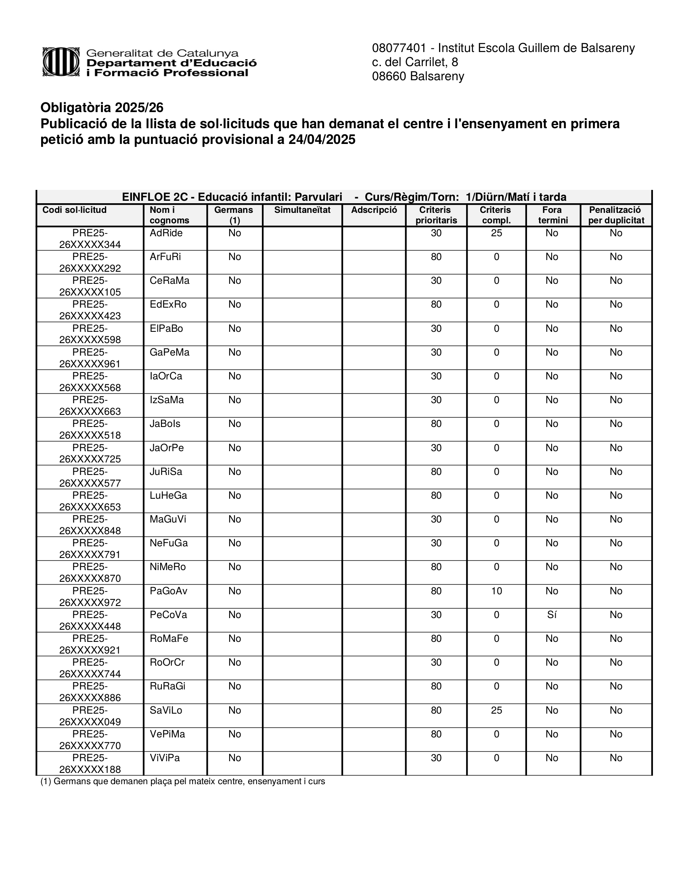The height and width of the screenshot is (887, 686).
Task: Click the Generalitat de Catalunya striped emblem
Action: click(x=61, y=62)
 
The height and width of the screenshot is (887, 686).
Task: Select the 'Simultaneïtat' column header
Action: click(x=302, y=210)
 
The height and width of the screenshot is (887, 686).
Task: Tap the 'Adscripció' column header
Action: click(x=374, y=210)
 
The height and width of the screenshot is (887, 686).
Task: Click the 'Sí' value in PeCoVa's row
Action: click(x=552, y=615)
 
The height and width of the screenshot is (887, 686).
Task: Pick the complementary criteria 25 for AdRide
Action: click(x=496, y=233)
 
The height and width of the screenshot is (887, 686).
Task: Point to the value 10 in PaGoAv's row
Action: click(x=496, y=591)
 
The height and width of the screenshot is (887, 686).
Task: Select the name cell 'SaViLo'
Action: click(x=166, y=710)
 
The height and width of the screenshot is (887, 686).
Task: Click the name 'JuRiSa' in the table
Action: click(x=166, y=472)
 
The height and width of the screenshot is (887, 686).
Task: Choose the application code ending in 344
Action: click(x=90, y=239)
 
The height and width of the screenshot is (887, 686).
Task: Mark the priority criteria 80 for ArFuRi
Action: click(x=436, y=257)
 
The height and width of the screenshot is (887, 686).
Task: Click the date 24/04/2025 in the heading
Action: click(x=322, y=140)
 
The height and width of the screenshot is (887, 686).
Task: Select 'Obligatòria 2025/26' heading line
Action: click(x=102, y=108)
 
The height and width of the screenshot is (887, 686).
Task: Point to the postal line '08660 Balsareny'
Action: click(x=418, y=76)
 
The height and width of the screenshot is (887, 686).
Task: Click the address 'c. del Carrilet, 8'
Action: click(x=415, y=62)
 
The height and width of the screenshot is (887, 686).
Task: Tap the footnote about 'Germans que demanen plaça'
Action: click(x=182, y=781)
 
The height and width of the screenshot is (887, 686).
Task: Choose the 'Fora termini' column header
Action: click(x=552, y=215)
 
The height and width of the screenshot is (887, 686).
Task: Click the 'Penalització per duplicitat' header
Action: click(x=616, y=215)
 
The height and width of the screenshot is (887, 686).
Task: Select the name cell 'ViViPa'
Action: click(x=165, y=758)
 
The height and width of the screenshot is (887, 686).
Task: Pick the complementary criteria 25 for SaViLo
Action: click(x=496, y=710)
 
